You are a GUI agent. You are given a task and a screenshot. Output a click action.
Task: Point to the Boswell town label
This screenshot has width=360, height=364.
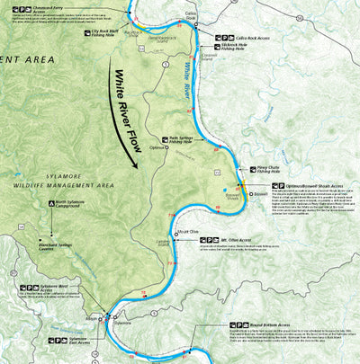pyautogui.click(x=260, y=192)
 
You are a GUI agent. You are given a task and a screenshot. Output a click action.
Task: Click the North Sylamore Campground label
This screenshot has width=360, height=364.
pyautogui.click(x=70, y=205)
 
